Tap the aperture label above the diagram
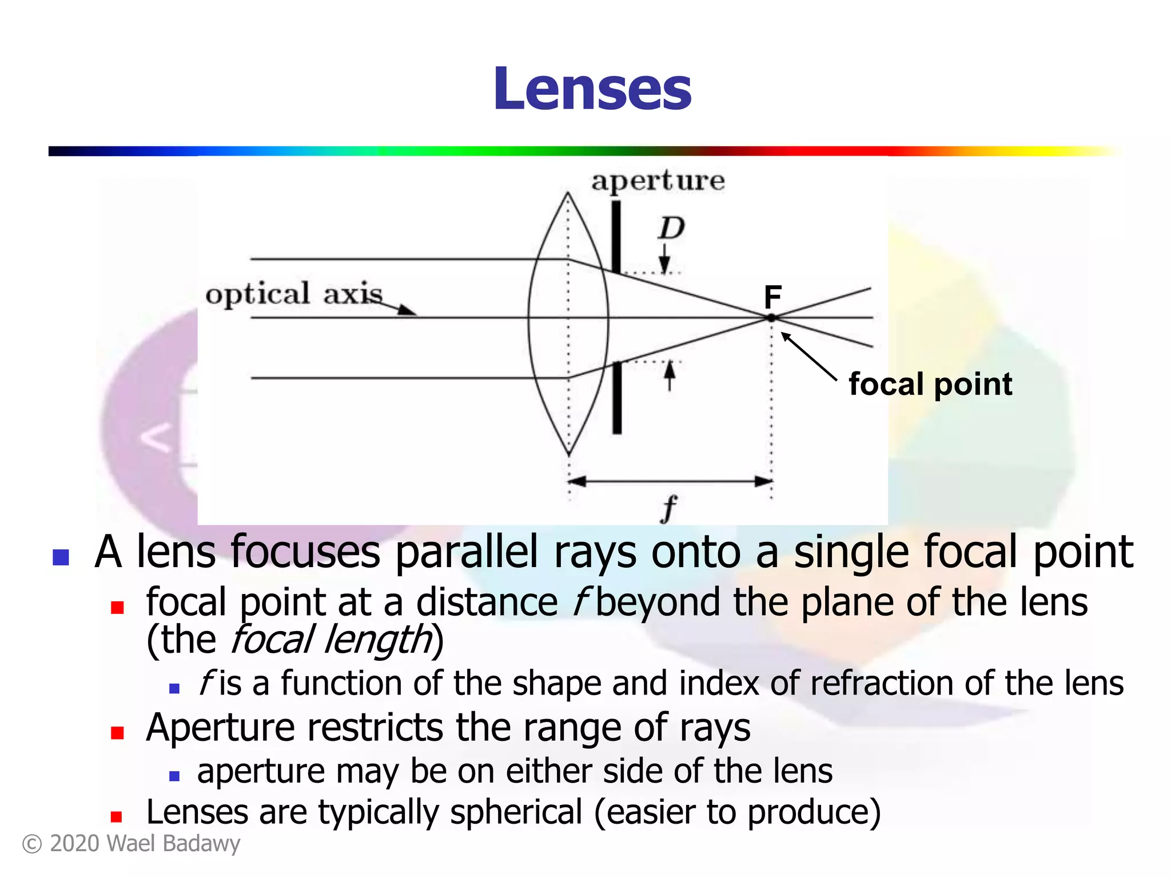(x=658, y=181)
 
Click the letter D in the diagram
(x=671, y=229)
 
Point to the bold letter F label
(x=772, y=297)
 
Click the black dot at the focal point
(x=771, y=318)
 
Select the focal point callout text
(x=930, y=384)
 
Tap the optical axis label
(x=294, y=294)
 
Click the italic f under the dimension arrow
(x=668, y=508)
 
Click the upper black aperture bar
(x=616, y=236)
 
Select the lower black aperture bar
(x=617, y=398)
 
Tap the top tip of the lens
(x=568, y=194)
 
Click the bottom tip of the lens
(x=569, y=453)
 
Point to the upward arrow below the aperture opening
(x=670, y=376)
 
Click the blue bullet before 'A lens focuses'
(x=61, y=557)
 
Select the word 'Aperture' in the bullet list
(x=220, y=728)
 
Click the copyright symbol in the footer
(x=32, y=844)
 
